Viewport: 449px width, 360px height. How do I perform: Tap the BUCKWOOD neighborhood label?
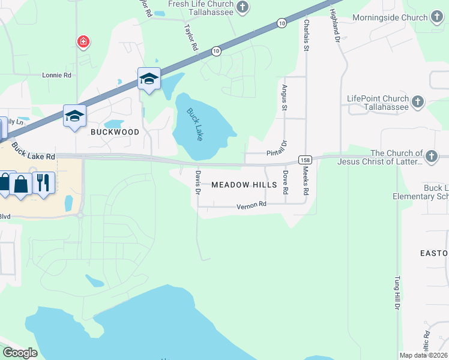point(115,132)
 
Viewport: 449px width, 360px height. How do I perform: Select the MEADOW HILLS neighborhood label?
point(244,185)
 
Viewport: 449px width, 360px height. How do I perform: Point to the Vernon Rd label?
point(251,206)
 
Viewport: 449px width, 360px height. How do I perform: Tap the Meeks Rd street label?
point(305,181)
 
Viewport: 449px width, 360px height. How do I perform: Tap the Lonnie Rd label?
point(56,76)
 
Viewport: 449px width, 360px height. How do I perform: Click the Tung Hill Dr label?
point(396,293)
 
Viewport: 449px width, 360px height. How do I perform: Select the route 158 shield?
point(306,160)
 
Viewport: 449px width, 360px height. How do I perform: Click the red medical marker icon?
point(83,41)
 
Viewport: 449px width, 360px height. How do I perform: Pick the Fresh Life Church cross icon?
point(242,7)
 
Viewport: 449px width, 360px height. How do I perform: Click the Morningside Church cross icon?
point(436,19)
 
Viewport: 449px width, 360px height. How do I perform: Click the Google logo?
point(20,353)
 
